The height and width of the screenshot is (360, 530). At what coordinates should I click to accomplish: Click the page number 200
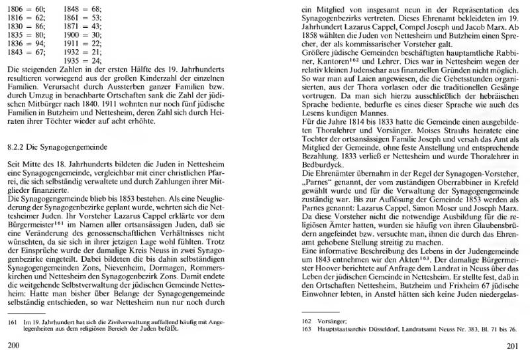[13, 345]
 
